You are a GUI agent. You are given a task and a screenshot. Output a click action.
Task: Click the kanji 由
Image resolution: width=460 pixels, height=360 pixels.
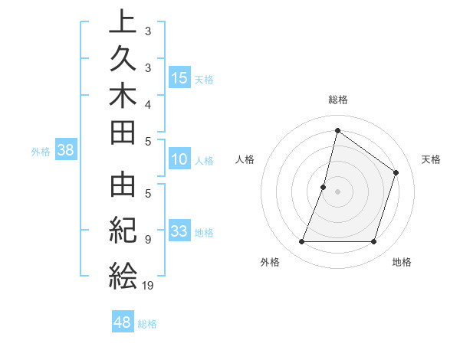coord(123,189)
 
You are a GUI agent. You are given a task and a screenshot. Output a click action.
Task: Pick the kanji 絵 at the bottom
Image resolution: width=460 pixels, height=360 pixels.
coord(123,274)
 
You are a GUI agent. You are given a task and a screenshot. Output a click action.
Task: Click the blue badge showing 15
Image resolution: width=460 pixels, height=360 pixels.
coord(180,77)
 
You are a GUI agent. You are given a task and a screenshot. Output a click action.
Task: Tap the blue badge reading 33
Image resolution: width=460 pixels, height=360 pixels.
coord(179,231)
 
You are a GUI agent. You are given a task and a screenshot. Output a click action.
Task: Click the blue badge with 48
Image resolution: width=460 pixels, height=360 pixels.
coord(123,322)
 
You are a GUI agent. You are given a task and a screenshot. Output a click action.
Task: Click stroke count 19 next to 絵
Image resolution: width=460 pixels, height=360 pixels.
coord(147,286)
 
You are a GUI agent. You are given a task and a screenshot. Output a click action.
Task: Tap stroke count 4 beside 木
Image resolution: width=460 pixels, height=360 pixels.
coord(147,103)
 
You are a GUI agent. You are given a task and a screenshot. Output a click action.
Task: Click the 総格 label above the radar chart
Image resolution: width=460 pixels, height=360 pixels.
coord(338,100)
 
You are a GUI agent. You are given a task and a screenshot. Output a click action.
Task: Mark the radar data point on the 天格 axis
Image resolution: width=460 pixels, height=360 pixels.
coord(396,172)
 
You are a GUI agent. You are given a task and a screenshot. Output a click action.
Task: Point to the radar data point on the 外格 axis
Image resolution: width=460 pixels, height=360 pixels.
coord(301,242)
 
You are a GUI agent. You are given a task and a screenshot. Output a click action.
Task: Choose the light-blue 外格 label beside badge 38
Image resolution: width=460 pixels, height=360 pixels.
coord(41,151)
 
